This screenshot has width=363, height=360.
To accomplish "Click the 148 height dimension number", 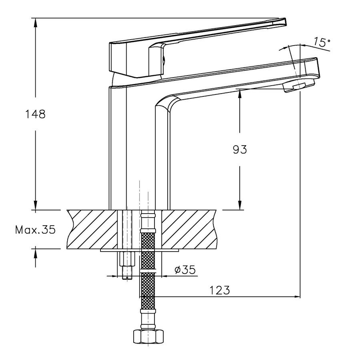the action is (x=36, y=114).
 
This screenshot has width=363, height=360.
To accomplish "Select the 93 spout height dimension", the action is (x=240, y=150).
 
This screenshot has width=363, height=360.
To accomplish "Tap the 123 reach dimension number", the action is (x=220, y=290).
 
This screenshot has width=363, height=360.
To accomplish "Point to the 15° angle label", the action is (x=322, y=42).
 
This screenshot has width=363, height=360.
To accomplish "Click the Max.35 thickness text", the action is (x=36, y=230).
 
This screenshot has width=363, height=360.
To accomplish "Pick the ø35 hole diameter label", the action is (x=185, y=270).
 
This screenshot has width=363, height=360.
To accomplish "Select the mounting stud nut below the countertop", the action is (x=127, y=259).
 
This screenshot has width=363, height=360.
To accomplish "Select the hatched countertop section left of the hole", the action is (x=92, y=229).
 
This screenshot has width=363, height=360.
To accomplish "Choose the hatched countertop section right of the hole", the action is (x=189, y=229).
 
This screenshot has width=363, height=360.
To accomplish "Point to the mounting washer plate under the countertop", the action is (x=140, y=250).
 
